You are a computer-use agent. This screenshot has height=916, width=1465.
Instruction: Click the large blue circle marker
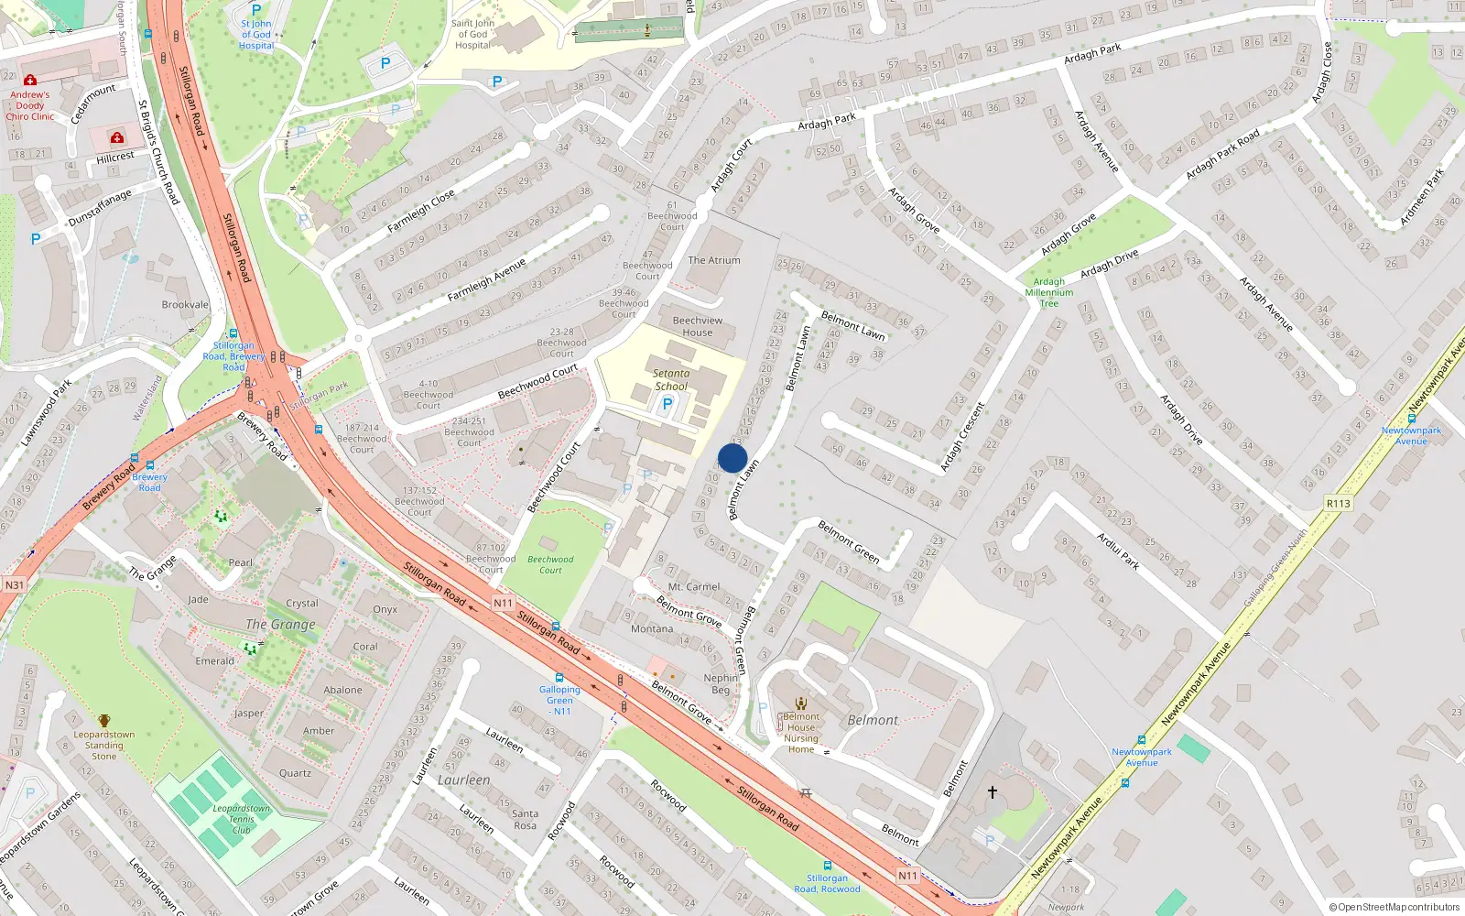[732, 458]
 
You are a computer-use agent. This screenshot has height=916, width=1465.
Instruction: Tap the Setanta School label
[671, 379]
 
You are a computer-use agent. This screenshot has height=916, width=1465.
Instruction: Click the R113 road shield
[1338, 504]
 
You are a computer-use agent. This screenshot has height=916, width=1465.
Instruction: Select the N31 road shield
[14, 585]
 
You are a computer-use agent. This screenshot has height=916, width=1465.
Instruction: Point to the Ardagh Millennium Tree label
[1048, 292]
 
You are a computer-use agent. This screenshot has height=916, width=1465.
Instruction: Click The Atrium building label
[714, 260]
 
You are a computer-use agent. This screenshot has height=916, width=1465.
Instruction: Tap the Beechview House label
[698, 326]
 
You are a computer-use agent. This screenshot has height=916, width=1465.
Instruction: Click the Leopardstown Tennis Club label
[241, 819]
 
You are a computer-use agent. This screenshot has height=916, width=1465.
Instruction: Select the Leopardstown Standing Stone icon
[104, 721]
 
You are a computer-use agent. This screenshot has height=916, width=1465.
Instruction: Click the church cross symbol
[992, 791]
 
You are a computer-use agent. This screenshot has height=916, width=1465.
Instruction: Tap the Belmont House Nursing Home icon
[801, 703]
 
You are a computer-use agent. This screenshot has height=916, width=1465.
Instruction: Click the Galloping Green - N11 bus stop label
[559, 700]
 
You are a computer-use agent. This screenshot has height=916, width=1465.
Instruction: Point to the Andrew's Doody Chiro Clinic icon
[30, 81]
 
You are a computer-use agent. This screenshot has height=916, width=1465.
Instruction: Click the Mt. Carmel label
[694, 586]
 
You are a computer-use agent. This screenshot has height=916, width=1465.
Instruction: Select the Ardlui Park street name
[1118, 551]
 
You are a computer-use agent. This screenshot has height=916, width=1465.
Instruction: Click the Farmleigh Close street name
[421, 211]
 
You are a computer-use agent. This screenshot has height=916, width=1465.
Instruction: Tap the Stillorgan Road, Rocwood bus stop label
[827, 883]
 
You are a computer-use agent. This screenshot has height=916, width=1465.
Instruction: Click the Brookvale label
[185, 305]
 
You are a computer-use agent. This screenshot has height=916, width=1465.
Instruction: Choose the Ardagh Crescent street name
[962, 437]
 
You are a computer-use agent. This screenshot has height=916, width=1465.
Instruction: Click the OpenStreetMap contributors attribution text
[1394, 907]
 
